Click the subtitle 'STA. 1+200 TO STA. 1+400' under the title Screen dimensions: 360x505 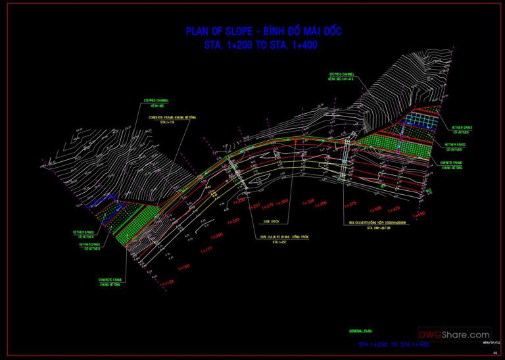[x=262, y=47]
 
